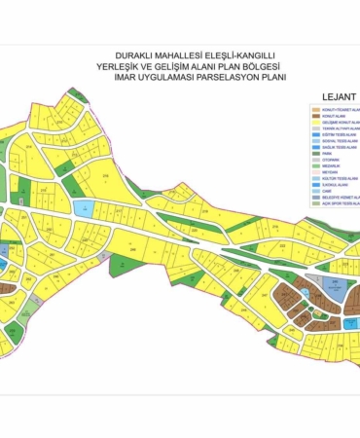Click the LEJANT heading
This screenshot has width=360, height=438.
point(335,97)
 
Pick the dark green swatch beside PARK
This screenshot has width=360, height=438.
point(315,153)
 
